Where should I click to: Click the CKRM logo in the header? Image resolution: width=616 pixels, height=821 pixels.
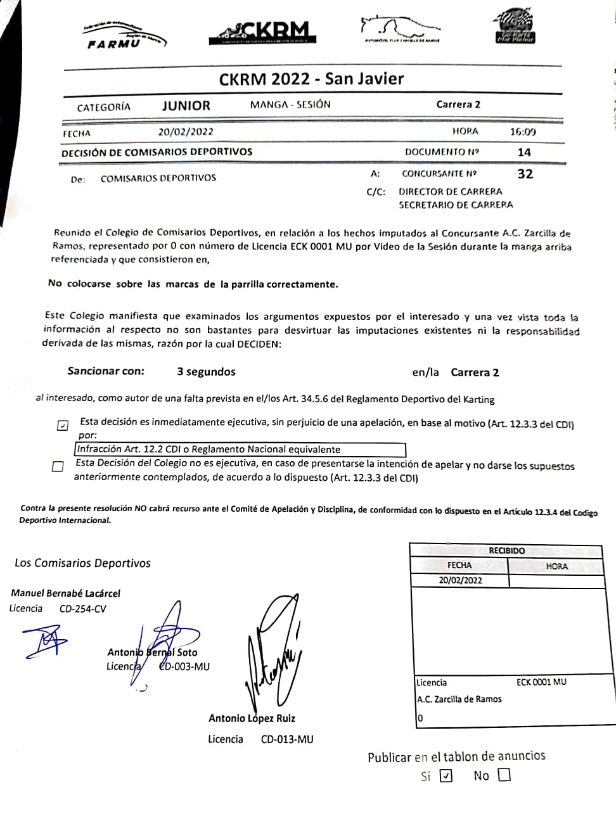[x=260, y=32]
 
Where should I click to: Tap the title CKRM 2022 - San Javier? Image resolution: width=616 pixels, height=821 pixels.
[x=311, y=79]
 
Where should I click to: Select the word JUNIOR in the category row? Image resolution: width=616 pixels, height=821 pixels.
[x=186, y=106]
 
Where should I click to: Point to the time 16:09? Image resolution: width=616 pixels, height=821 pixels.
[x=523, y=132]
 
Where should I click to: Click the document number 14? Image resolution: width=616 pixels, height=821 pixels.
[x=524, y=152]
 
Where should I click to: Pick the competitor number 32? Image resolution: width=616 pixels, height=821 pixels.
[x=525, y=174]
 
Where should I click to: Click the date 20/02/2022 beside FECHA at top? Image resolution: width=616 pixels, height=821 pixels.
[x=186, y=132]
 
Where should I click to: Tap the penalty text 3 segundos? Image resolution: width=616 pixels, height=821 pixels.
[x=206, y=372]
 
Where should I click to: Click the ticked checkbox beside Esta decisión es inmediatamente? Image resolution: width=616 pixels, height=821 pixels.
[x=62, y=425]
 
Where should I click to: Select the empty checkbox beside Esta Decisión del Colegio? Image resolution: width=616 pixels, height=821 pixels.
[x=58, y=467]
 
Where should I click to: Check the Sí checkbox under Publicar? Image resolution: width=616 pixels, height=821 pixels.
[x=446, y=775]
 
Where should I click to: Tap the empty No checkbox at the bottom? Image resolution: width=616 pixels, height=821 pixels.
[x=504, y=775]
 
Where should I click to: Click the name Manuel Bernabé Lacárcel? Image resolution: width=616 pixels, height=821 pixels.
[x=65, y=594]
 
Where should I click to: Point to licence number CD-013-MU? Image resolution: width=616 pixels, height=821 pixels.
[x=287, y=739]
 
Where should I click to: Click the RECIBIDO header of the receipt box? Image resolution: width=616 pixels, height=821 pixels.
[x=506, y=551]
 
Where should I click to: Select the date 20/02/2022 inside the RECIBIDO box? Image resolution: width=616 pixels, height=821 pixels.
[x=460, y=580]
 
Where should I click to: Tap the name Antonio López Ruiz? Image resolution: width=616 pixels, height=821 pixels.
[x=252, y=718]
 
